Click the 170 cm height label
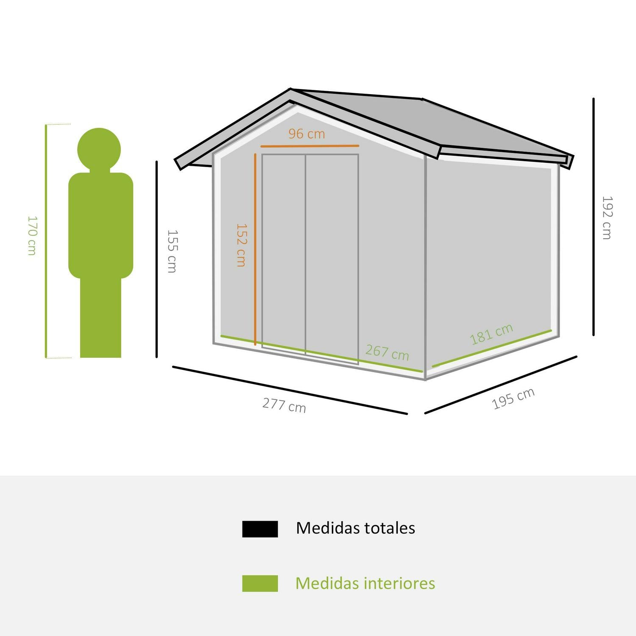pos(32,236)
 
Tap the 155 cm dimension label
pos(172,251)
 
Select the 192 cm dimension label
pos(607,218)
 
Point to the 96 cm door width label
pos(307,134)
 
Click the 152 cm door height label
pos(241,245)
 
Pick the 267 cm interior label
pos(387,352)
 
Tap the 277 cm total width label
pos(284,405)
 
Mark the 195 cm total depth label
pos(513,399)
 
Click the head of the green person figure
pos(99,150)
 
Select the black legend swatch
pos(260,529)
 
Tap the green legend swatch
pos(260,583)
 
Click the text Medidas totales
pos(355,528)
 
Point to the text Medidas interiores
pos(365,583)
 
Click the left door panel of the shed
pos(284,253)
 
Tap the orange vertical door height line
pos(255,249)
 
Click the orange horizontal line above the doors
pos(310,146)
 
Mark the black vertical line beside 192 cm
pos(594,217)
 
